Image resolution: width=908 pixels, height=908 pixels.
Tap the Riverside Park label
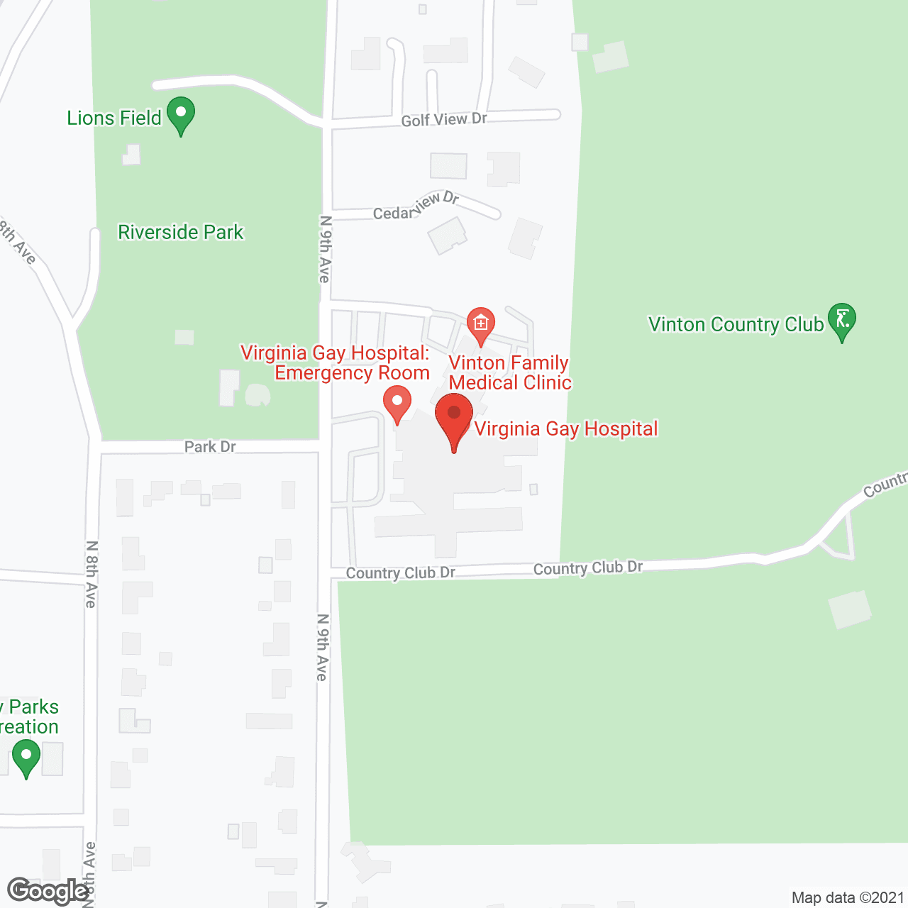pyautogui.click(x=180, y=232)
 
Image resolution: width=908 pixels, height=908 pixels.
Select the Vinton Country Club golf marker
pyautogui.click(x=842, y=321)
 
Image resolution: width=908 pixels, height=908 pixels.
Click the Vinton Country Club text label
pyautogui.click(x=736, y=324)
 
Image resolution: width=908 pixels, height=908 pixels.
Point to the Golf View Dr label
pyautogui.click(x=444, y=120)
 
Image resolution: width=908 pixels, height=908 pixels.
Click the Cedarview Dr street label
pyautogui.click(x=416, y=206)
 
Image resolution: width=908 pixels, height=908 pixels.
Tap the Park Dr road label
pyautogui.click(x=210, y=446)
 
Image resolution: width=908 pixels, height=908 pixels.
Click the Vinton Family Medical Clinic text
pyautogui.click(x=509, y=372)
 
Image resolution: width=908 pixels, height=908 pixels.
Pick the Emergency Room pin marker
pyautogui.click(x=397, y=403)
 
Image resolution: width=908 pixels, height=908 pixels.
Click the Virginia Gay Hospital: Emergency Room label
pyautogui.click(x=336, y=362)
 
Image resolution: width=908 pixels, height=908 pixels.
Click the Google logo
pyautogui.click(x=48, y=891)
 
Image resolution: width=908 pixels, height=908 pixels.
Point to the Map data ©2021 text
pyautogui.click(x=848, y=897)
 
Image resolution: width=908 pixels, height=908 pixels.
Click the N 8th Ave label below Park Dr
pyautogui.click(x=91, y=575)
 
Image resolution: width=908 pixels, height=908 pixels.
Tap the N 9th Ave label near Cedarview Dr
pyautogui.click(x=325, y=250)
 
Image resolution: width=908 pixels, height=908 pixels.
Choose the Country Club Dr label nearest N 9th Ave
pyautogui.click(x=401, y=572)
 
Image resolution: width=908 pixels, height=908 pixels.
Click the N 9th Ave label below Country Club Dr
pyautogui.click(x=322, y=647)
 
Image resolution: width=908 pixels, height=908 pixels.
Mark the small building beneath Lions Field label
pyautogui.click(x=131, y=155)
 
